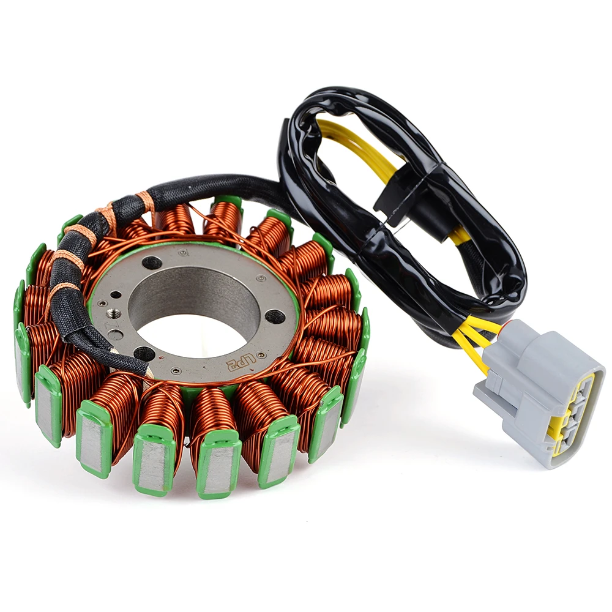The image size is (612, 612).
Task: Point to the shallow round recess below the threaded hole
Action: pos(114,335)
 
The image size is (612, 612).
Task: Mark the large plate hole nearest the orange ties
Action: pos(152,263)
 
